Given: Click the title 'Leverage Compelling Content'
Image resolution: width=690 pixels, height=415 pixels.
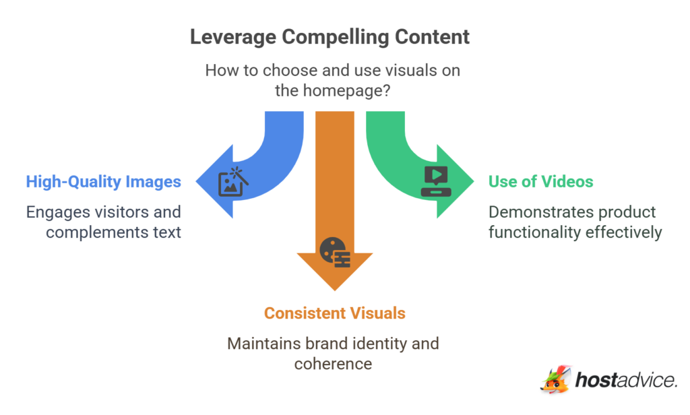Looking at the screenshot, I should point(330,37).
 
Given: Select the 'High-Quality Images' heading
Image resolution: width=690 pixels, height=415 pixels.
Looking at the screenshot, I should point(103,181).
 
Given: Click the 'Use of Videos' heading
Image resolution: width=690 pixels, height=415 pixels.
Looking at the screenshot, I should point(541,181).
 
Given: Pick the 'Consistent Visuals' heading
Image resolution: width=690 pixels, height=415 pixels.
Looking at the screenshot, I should point(335,313).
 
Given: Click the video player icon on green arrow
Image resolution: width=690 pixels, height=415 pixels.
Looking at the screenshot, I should point(434,181).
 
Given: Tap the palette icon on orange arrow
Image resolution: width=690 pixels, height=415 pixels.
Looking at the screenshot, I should point(334,252).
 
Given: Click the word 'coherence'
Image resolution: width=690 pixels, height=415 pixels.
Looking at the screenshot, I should point(333,364).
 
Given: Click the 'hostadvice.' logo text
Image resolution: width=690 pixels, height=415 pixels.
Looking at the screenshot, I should point(626,381).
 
